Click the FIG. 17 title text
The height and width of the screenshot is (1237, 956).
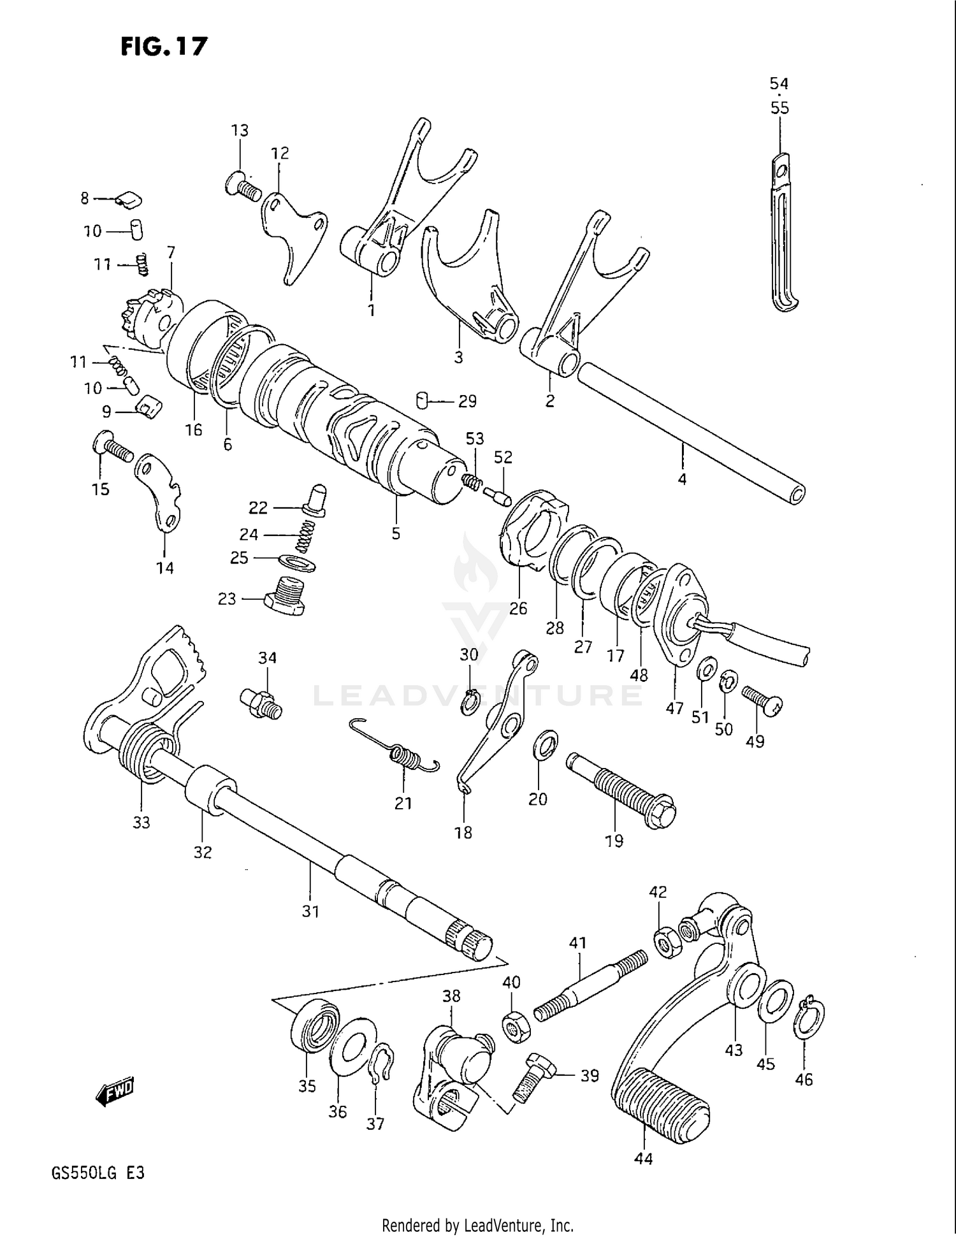coord(164,47)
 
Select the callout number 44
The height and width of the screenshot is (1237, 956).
coord(643,1159)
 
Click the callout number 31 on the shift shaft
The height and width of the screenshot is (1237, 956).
coord(310,911)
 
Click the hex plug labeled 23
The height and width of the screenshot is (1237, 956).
coord(284,596)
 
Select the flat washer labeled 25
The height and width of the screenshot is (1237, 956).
coord(297,563)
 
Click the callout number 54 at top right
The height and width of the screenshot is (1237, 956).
coord(779,83)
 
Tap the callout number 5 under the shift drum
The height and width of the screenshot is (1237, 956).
coord(396,533)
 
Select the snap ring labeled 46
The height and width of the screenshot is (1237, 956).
coord(809,1018)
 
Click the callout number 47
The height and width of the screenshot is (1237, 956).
coord(674,708)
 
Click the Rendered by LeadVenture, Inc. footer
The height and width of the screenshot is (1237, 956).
coord(477,1225)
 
